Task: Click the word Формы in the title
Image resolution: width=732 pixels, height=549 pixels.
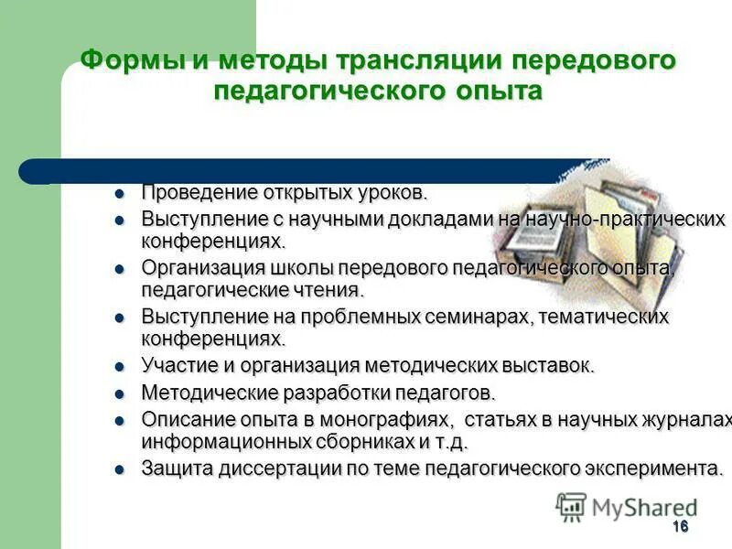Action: (x=133, y=61)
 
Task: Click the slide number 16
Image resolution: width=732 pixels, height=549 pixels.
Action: (x=679, y=526)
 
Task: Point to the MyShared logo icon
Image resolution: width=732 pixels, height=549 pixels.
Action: (x=572, y=507)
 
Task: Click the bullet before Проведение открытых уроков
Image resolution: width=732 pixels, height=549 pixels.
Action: (x=118, y=195)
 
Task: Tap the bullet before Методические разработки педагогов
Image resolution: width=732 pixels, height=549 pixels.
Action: (x=118, y=394)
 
